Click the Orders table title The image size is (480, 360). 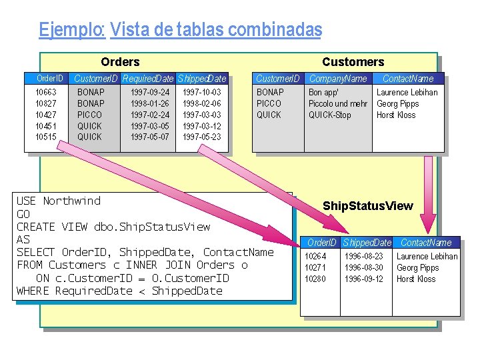coord(120,62)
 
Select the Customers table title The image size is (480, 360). coord(353,62)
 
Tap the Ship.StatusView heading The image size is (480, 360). coord(367,206)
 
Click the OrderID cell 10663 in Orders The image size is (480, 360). coord(46,92)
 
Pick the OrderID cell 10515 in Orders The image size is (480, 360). coord(46,137)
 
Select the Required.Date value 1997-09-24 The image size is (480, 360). coord(150,92)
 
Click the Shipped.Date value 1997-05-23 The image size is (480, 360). coord(202,137)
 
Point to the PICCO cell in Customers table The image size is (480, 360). coord(269,103)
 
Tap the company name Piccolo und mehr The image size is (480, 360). coord(337,103)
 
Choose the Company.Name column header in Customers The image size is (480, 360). coord(338,79)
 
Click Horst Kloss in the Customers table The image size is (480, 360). coord(396,115)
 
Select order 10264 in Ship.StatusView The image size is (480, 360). coord(315,256)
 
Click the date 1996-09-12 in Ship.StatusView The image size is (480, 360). coord(364,279)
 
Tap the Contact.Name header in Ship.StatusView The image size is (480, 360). coord(426,243)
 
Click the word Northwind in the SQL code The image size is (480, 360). coord(71,201)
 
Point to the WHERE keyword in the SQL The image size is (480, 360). coord(33,291)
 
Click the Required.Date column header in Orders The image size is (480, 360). coord(148,79)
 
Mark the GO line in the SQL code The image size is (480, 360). coord(23,214)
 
